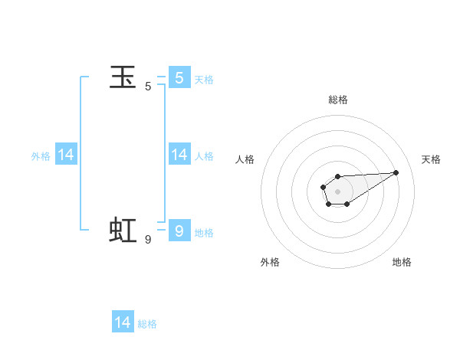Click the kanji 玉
[x=123, y=77]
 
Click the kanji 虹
[x=123, y=230]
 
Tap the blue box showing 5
[x=179, y=77]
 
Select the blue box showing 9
[x=179, y=230]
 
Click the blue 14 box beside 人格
[x=179, y=155]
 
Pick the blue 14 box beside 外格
[x=66, y=155]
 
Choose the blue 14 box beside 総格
[x=123, y=322]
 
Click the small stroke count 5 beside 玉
[x=148, y=87]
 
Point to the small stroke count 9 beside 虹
[x=148, y=239]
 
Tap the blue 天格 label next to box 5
[x=204, y=80]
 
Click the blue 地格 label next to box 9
[x=204, y=232]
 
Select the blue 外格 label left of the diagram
[x=41, y=156]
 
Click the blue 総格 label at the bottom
[x=147, y=324]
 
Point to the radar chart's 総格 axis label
[x=337, y=100]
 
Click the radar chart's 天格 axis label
[x=431, y=159]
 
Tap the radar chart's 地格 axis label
[x=402, y=262]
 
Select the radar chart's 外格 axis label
[x=270, y=262]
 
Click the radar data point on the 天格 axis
[x=396, y=172]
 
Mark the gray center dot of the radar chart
[x=337, y=191]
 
